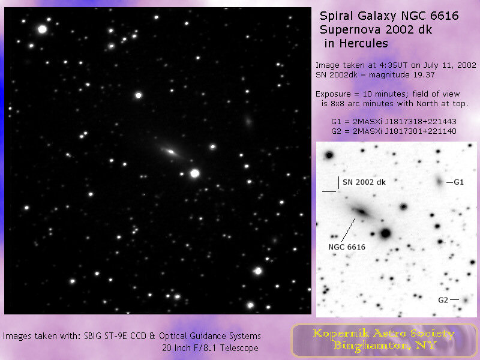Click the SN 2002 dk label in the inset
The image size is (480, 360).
click(364, 182)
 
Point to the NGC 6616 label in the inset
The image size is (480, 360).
click(347, 247)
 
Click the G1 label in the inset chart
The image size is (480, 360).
click(458, 182)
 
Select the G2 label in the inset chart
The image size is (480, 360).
click(443, 300)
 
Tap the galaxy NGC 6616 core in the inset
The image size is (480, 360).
click(362, 211)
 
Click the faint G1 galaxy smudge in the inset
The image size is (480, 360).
click(439, 182)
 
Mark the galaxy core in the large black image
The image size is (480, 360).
click(171, 152)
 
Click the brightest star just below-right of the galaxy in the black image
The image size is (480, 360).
click(194, 173)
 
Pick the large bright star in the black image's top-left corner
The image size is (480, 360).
click(42, 29)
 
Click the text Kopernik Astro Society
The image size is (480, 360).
click(383, 334)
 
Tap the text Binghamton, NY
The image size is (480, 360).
click(385, 346)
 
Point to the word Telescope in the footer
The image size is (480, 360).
click(239, 348)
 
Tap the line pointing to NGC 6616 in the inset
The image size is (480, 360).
click(349, 230)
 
